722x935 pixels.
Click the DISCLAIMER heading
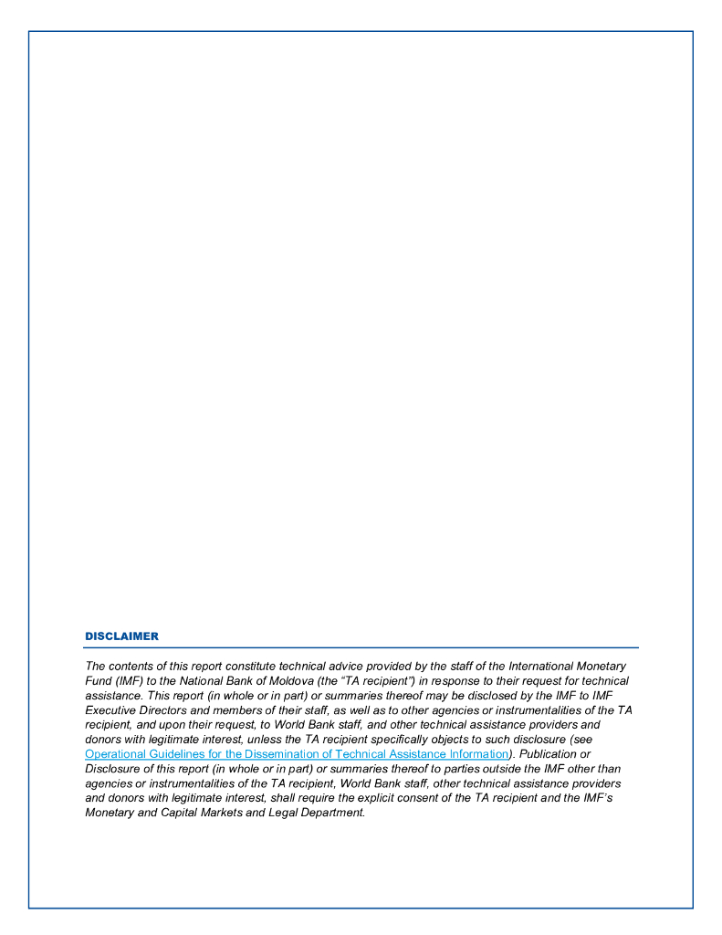point(121,636)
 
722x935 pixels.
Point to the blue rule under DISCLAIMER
point(361,647)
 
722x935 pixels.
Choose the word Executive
point(111,710)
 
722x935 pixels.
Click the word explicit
point(401,798)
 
